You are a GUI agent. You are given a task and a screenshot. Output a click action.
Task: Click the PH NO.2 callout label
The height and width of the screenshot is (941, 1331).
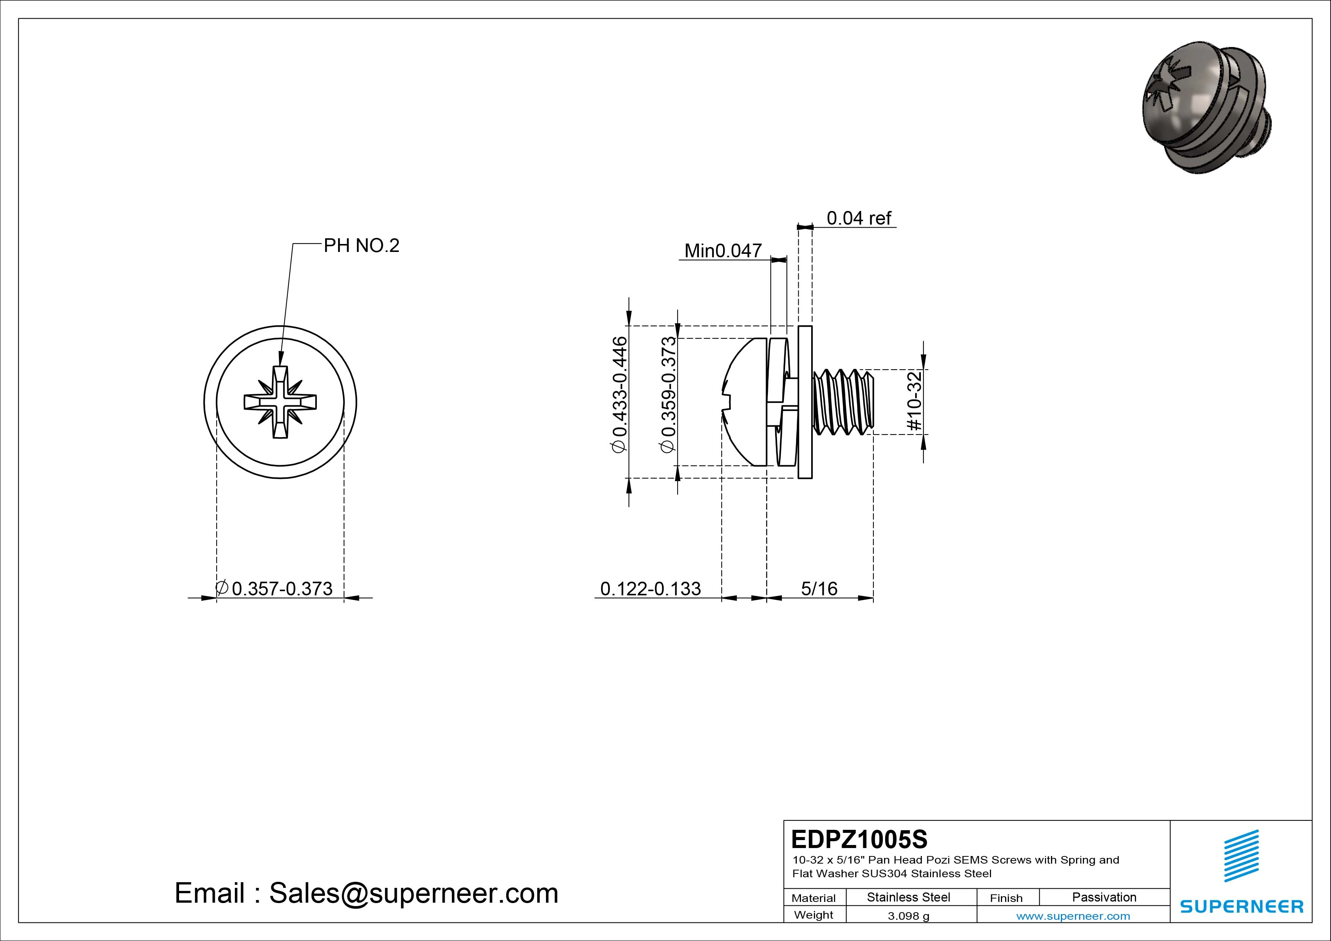361,246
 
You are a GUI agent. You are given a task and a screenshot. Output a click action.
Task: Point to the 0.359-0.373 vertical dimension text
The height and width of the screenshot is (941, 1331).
669,394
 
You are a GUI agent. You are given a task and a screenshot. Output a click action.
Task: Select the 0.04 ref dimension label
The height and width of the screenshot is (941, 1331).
859,218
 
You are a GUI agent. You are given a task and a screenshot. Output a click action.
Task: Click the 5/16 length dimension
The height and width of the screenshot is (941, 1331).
819,589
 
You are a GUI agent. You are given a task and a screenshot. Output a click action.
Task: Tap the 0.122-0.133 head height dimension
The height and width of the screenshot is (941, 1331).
650,589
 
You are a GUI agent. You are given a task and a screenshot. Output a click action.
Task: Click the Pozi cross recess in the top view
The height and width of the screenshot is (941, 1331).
280,402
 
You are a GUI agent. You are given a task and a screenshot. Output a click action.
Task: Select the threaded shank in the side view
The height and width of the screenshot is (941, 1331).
843,402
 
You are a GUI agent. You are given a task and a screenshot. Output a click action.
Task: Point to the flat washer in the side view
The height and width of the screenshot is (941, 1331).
805,402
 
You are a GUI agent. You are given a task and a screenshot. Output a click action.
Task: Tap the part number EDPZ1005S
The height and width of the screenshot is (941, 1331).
859,839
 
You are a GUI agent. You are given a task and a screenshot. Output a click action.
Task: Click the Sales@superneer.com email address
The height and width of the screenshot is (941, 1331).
413,894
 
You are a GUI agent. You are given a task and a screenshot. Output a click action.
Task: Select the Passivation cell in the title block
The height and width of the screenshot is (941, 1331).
1104,897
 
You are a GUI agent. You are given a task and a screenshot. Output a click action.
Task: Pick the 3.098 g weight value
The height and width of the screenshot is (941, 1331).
908,916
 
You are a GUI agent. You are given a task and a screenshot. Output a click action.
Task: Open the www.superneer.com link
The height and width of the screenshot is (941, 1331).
1073,916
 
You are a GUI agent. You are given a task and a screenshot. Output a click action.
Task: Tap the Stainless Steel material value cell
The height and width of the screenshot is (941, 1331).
908,897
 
